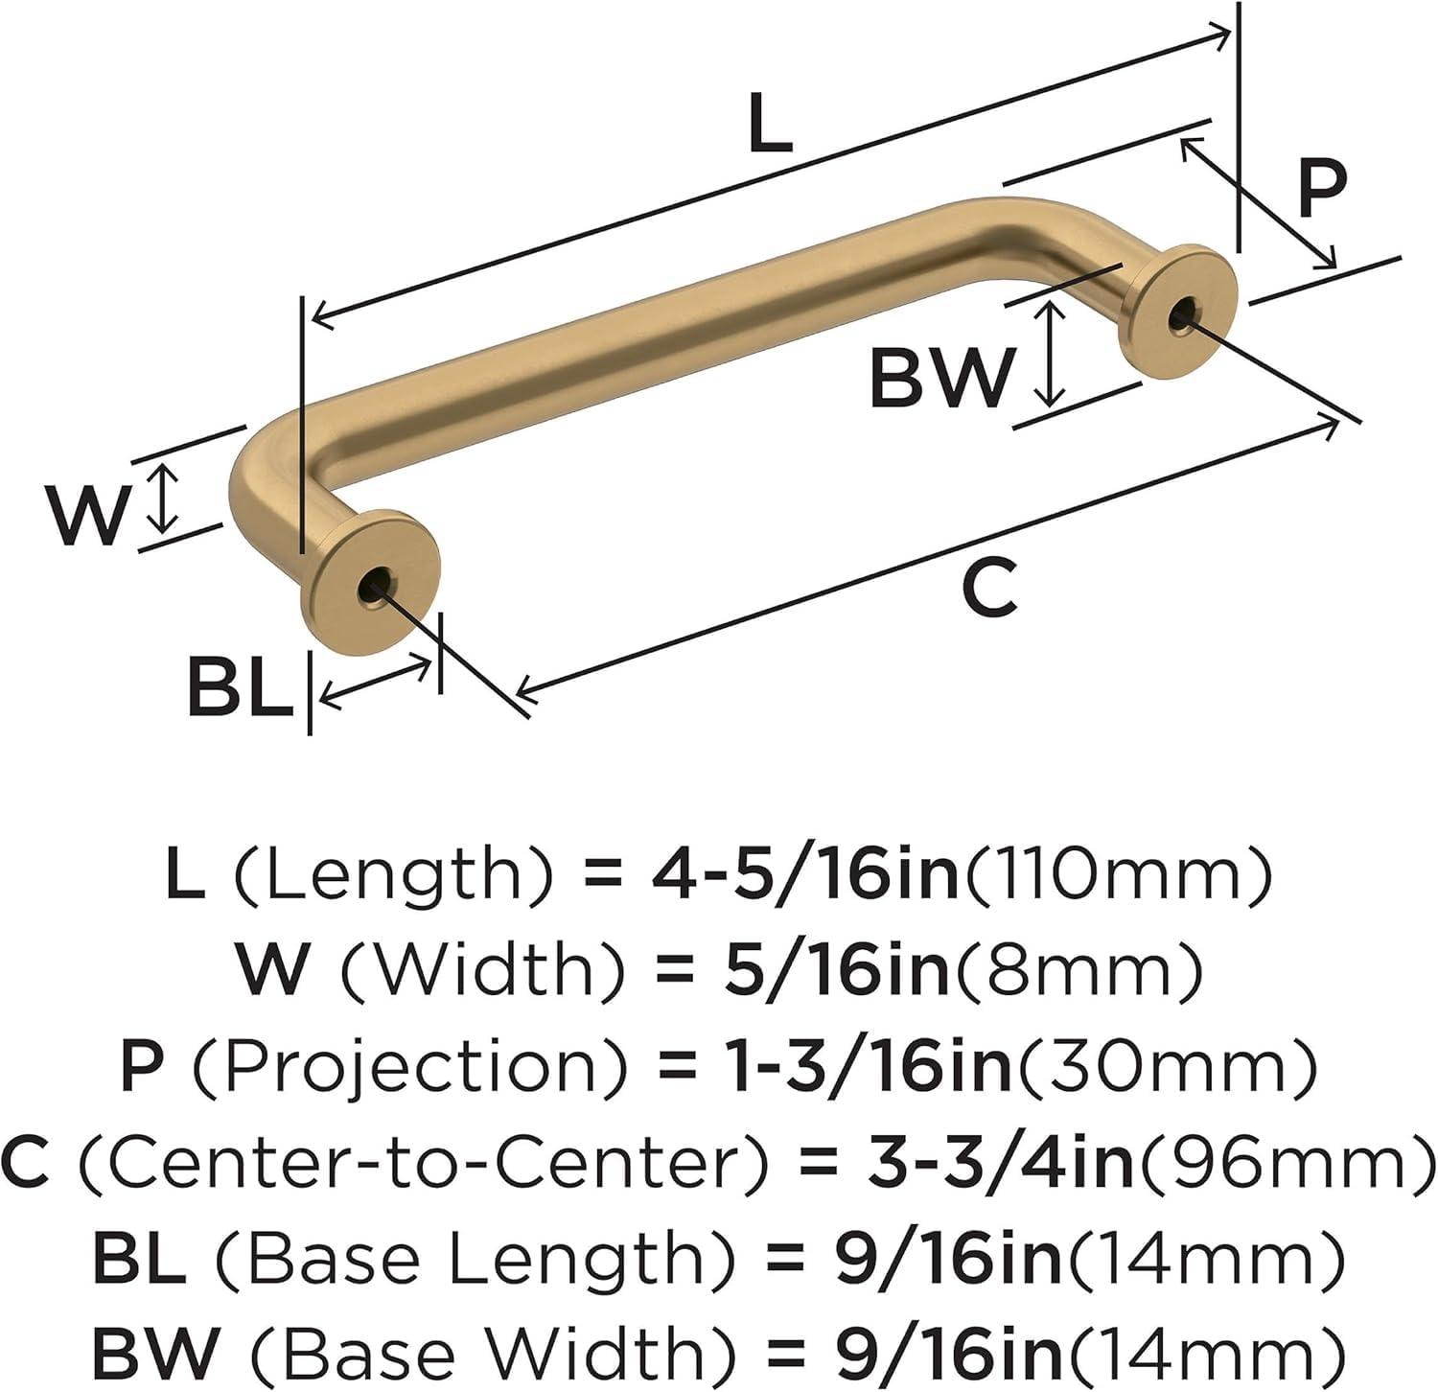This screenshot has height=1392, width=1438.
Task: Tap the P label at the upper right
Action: (1322, 188)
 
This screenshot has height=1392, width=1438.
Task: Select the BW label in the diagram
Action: (940, 378)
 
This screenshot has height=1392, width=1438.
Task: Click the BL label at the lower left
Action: (240, 686)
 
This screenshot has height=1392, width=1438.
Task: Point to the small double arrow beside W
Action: (165, 498)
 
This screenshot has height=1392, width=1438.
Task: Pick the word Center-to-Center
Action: (423, 1162)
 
